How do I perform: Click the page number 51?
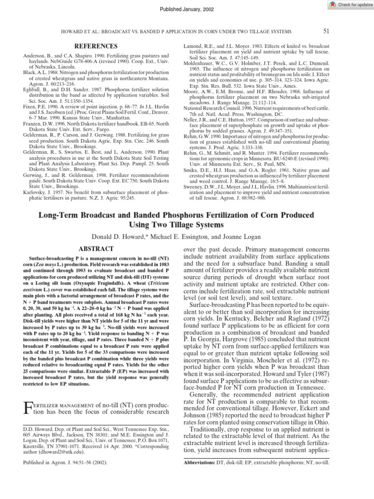tap(326, 31)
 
